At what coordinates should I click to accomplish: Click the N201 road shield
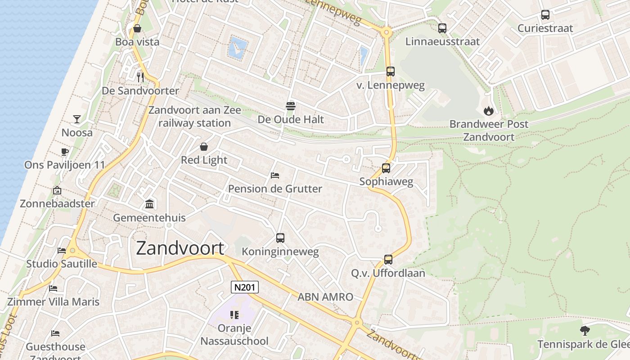point(245,287)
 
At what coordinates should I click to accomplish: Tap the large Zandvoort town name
point(180,248)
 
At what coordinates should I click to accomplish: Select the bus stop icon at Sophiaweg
point(386,169)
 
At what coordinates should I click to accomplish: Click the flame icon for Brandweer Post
point(488,111)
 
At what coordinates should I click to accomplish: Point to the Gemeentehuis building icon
point(149,204)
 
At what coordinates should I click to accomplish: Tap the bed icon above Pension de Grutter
point(275,175)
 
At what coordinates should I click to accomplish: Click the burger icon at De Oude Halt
point(290,106)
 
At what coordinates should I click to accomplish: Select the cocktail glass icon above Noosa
point(77,119)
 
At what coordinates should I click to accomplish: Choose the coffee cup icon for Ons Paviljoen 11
point(64,152)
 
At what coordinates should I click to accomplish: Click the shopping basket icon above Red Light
point(204,147)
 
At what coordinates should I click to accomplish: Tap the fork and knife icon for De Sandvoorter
point(140,77)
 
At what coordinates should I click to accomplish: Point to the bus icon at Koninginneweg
point(280,238)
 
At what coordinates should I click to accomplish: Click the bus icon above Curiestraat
point(545,15)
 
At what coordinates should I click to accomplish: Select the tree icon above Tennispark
point(585,331)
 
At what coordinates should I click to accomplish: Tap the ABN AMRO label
point(325,297)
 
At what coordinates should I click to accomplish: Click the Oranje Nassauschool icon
point(234,315)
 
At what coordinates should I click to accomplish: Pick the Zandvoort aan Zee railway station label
point(194,117)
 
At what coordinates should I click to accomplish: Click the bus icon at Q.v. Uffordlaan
point(388,260)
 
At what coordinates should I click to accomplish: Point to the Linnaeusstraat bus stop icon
point(442,28)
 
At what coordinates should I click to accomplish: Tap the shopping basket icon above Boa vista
point(137,29)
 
